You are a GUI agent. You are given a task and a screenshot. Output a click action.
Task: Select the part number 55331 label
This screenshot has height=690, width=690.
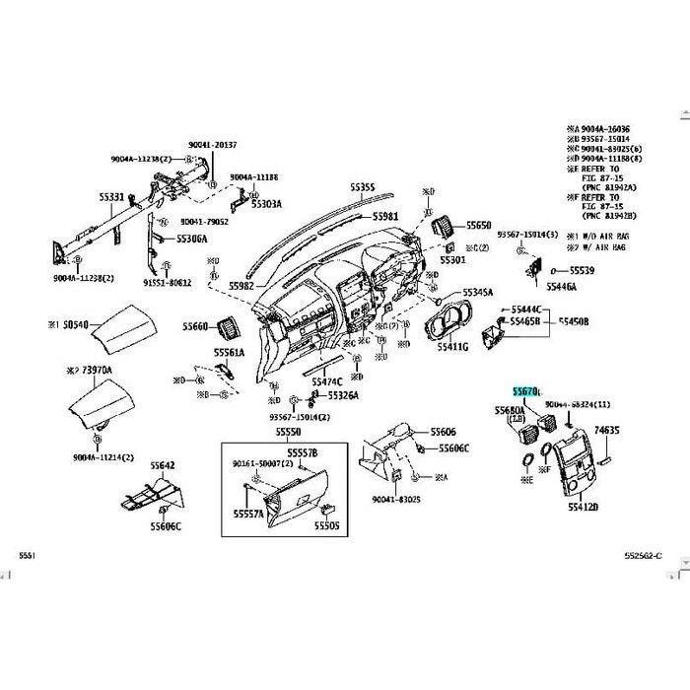point(110,198)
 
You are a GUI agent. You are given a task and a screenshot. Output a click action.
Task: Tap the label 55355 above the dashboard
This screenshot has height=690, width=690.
point(364,187)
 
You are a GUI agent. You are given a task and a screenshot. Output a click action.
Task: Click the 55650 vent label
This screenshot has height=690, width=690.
point(479,226)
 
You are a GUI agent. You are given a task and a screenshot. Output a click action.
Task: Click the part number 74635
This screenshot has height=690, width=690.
point(608,431)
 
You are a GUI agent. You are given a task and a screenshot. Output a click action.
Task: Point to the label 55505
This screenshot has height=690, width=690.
point(326,526)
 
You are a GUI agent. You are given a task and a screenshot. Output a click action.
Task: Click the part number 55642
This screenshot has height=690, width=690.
point(163,465)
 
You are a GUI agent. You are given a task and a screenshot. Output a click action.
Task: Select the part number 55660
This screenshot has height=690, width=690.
point(195,326)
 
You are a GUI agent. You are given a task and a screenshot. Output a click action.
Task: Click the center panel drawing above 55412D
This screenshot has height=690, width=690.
point(568,463)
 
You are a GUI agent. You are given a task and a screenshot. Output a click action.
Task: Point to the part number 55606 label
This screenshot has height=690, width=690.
point(443,433)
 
